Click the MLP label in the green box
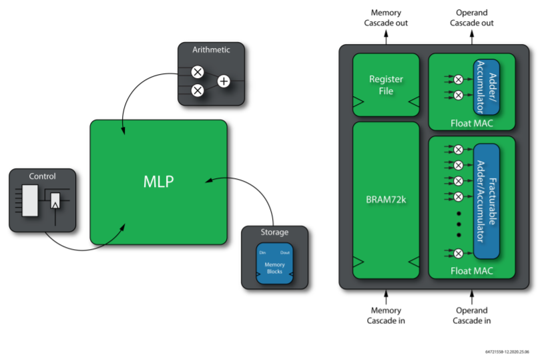159,182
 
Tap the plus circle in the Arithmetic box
224,81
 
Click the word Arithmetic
211,49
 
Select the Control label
42,176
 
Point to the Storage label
274,232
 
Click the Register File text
386,85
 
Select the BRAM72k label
386,199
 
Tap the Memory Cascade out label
386,18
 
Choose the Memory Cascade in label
386,315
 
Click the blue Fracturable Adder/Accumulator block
487,200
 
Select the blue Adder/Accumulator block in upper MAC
487,87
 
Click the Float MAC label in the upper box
471,123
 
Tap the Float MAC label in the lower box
471,271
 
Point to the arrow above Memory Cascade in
386,297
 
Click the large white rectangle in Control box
30,201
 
